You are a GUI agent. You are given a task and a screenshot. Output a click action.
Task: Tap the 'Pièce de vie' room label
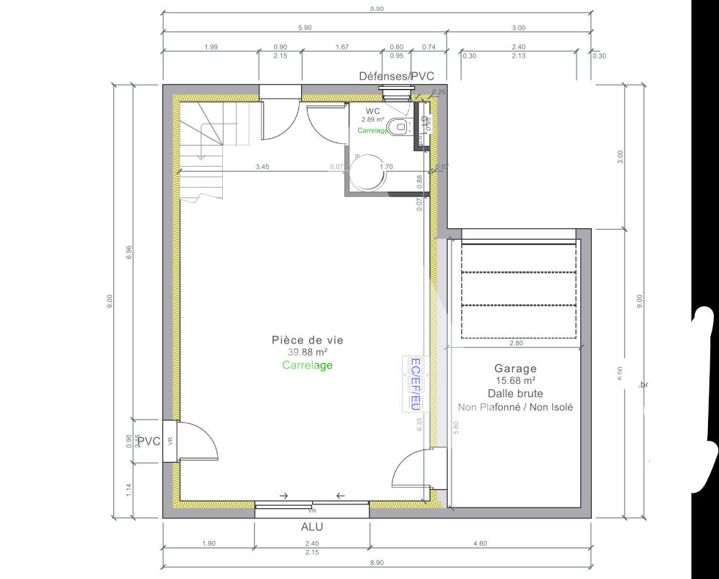pos(307,340)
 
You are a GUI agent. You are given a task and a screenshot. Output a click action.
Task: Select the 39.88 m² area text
pos(307,352)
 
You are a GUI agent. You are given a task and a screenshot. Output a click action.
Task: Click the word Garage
pos(515,368)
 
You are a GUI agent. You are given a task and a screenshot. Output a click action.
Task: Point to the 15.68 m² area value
pos(515,381)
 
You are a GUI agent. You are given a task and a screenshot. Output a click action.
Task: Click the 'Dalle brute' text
pos(515,393)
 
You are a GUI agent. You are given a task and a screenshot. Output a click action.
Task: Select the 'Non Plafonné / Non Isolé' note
pos(515,406)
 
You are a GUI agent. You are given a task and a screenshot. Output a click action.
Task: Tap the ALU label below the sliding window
pos(311,526)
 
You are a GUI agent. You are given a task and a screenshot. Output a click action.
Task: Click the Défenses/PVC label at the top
pos(396,76)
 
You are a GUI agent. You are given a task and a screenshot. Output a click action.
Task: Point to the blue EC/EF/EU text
pos(414,383)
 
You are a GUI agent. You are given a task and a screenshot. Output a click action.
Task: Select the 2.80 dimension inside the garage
pos(516,342)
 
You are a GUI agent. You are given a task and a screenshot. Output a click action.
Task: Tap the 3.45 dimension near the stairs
pos(262,167)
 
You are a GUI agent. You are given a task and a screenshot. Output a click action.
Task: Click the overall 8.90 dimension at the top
pos(377,9)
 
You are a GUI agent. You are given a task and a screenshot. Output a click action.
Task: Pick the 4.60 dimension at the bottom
pos(479,543)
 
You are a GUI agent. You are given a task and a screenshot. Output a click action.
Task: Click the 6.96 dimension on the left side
pos(129,251)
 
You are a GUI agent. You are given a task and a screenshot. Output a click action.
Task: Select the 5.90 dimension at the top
pos(305,28)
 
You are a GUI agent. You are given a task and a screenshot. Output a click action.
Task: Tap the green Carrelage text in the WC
pos(372,130)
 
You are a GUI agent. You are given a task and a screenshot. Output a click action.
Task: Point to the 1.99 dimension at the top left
pos(211,47)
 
